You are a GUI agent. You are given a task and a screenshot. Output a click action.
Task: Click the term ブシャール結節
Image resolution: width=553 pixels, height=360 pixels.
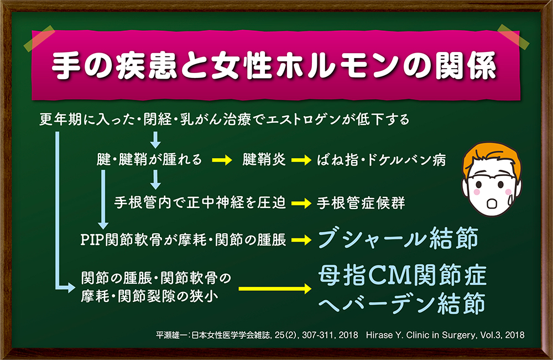click(x=398, y=239)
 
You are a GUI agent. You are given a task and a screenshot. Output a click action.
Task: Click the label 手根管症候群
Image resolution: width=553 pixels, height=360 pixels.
click(x=361, y=203)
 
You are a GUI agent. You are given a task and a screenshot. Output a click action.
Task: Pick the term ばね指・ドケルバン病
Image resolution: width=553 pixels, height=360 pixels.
click(x=381, y=160)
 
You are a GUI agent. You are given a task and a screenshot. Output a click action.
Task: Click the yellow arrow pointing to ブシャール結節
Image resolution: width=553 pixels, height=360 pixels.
click(x=301, y=240)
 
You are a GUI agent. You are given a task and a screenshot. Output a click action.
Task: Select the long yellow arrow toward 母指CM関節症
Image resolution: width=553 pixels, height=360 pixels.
click(x=275, y=289)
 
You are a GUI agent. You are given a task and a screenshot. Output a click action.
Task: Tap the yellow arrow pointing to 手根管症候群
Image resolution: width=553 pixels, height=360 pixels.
click(x=301, y=203)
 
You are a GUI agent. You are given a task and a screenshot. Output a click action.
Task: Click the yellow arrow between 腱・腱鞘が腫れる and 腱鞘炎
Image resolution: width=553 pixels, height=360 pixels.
click(x=222, y=160)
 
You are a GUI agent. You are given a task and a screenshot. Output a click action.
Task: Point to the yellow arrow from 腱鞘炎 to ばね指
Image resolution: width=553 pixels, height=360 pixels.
click(x=301, y=160)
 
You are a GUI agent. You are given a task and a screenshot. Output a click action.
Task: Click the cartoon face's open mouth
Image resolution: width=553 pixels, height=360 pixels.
click(x=491, y=204)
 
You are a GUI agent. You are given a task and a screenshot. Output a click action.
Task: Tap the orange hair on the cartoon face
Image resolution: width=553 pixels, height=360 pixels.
click(x=490, y=155)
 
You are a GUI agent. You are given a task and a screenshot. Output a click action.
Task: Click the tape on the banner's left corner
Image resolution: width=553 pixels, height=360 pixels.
click(x=39, y=38)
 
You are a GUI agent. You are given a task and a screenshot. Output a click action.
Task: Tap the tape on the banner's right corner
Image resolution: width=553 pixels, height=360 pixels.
click(x=514, y=36)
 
